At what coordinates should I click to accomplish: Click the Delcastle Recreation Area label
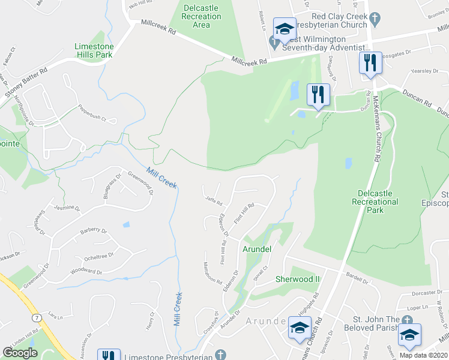(x=201, y=17)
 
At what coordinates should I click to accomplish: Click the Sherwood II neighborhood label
(x=298, y=279)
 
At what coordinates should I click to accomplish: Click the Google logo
(x=20, y=353)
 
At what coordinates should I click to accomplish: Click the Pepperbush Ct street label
(x=92, y=114)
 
